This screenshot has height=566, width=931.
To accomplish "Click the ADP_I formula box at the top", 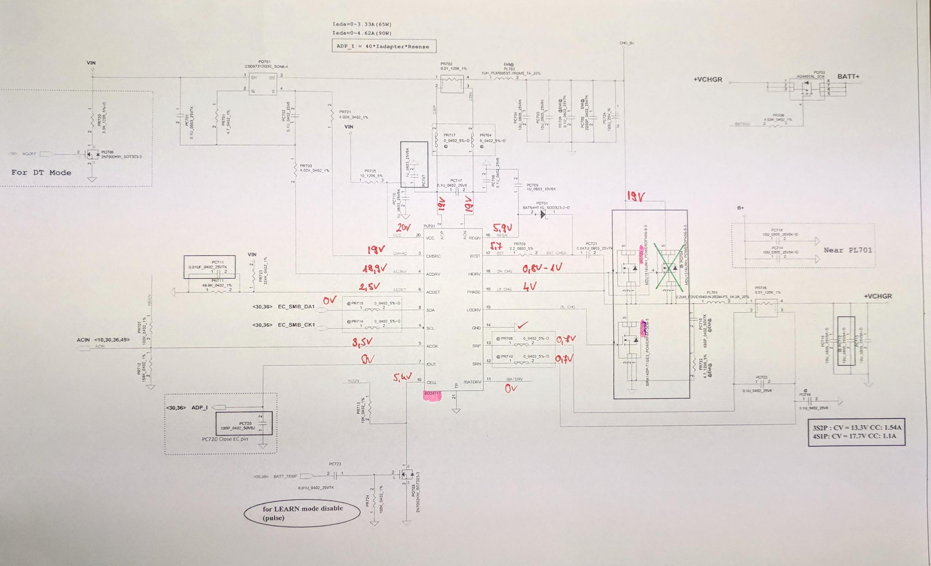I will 383,47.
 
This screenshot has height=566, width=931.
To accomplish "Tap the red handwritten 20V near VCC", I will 403,227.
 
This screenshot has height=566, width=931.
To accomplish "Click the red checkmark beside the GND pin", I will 523,325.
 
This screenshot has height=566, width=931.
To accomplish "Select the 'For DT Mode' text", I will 41,173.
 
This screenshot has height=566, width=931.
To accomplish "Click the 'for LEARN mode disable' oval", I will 302,513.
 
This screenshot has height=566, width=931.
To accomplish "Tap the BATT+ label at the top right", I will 848,77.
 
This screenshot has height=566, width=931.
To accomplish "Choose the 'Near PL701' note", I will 848,250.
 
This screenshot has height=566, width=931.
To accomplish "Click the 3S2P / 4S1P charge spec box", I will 856,432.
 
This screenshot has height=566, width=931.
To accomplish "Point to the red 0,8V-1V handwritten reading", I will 542,268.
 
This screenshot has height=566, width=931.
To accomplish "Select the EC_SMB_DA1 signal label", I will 296,306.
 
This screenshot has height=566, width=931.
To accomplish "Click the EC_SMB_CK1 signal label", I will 296,325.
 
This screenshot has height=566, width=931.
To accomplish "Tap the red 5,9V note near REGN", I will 502,228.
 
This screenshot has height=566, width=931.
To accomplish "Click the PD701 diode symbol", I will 543,215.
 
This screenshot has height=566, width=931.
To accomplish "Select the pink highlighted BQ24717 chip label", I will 432,394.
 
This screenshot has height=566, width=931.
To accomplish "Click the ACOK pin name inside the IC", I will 432,346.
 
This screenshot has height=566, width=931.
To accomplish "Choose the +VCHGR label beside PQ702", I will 708,80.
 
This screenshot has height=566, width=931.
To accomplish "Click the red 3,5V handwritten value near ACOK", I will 362,342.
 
